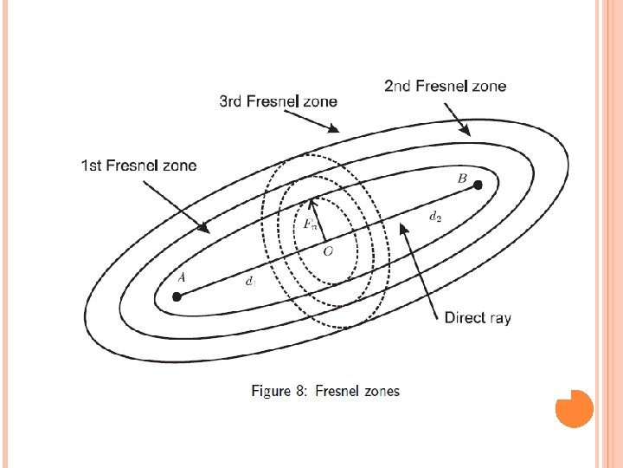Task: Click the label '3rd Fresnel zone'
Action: pyautogui.click(x=278, y=101)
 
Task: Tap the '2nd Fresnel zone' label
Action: pyautogui.click(x=445, y=86)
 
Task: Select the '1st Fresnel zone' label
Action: pyautogui.click(x=138, y=165)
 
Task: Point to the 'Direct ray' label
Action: pyautogui.click(x=478, y=317)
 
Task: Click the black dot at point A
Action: pyautogui.click(x=177, y=296)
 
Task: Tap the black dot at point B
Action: pyautogui.click(x=478, y=185)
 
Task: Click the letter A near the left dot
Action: pyautogui.click(x=181, y=278)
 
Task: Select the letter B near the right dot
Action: pyautogui.click(x=462, y=179)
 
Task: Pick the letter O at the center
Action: pyautogui.click(x=328, y=251)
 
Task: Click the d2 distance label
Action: pyautogui.click(x=434, y=218)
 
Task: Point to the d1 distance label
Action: pyautogui.click(x=250, y=281)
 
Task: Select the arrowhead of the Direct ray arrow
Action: pyautogui.click(x=402, y=227)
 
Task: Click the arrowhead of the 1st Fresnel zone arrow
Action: pyautogui.click(x=207, y=230)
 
